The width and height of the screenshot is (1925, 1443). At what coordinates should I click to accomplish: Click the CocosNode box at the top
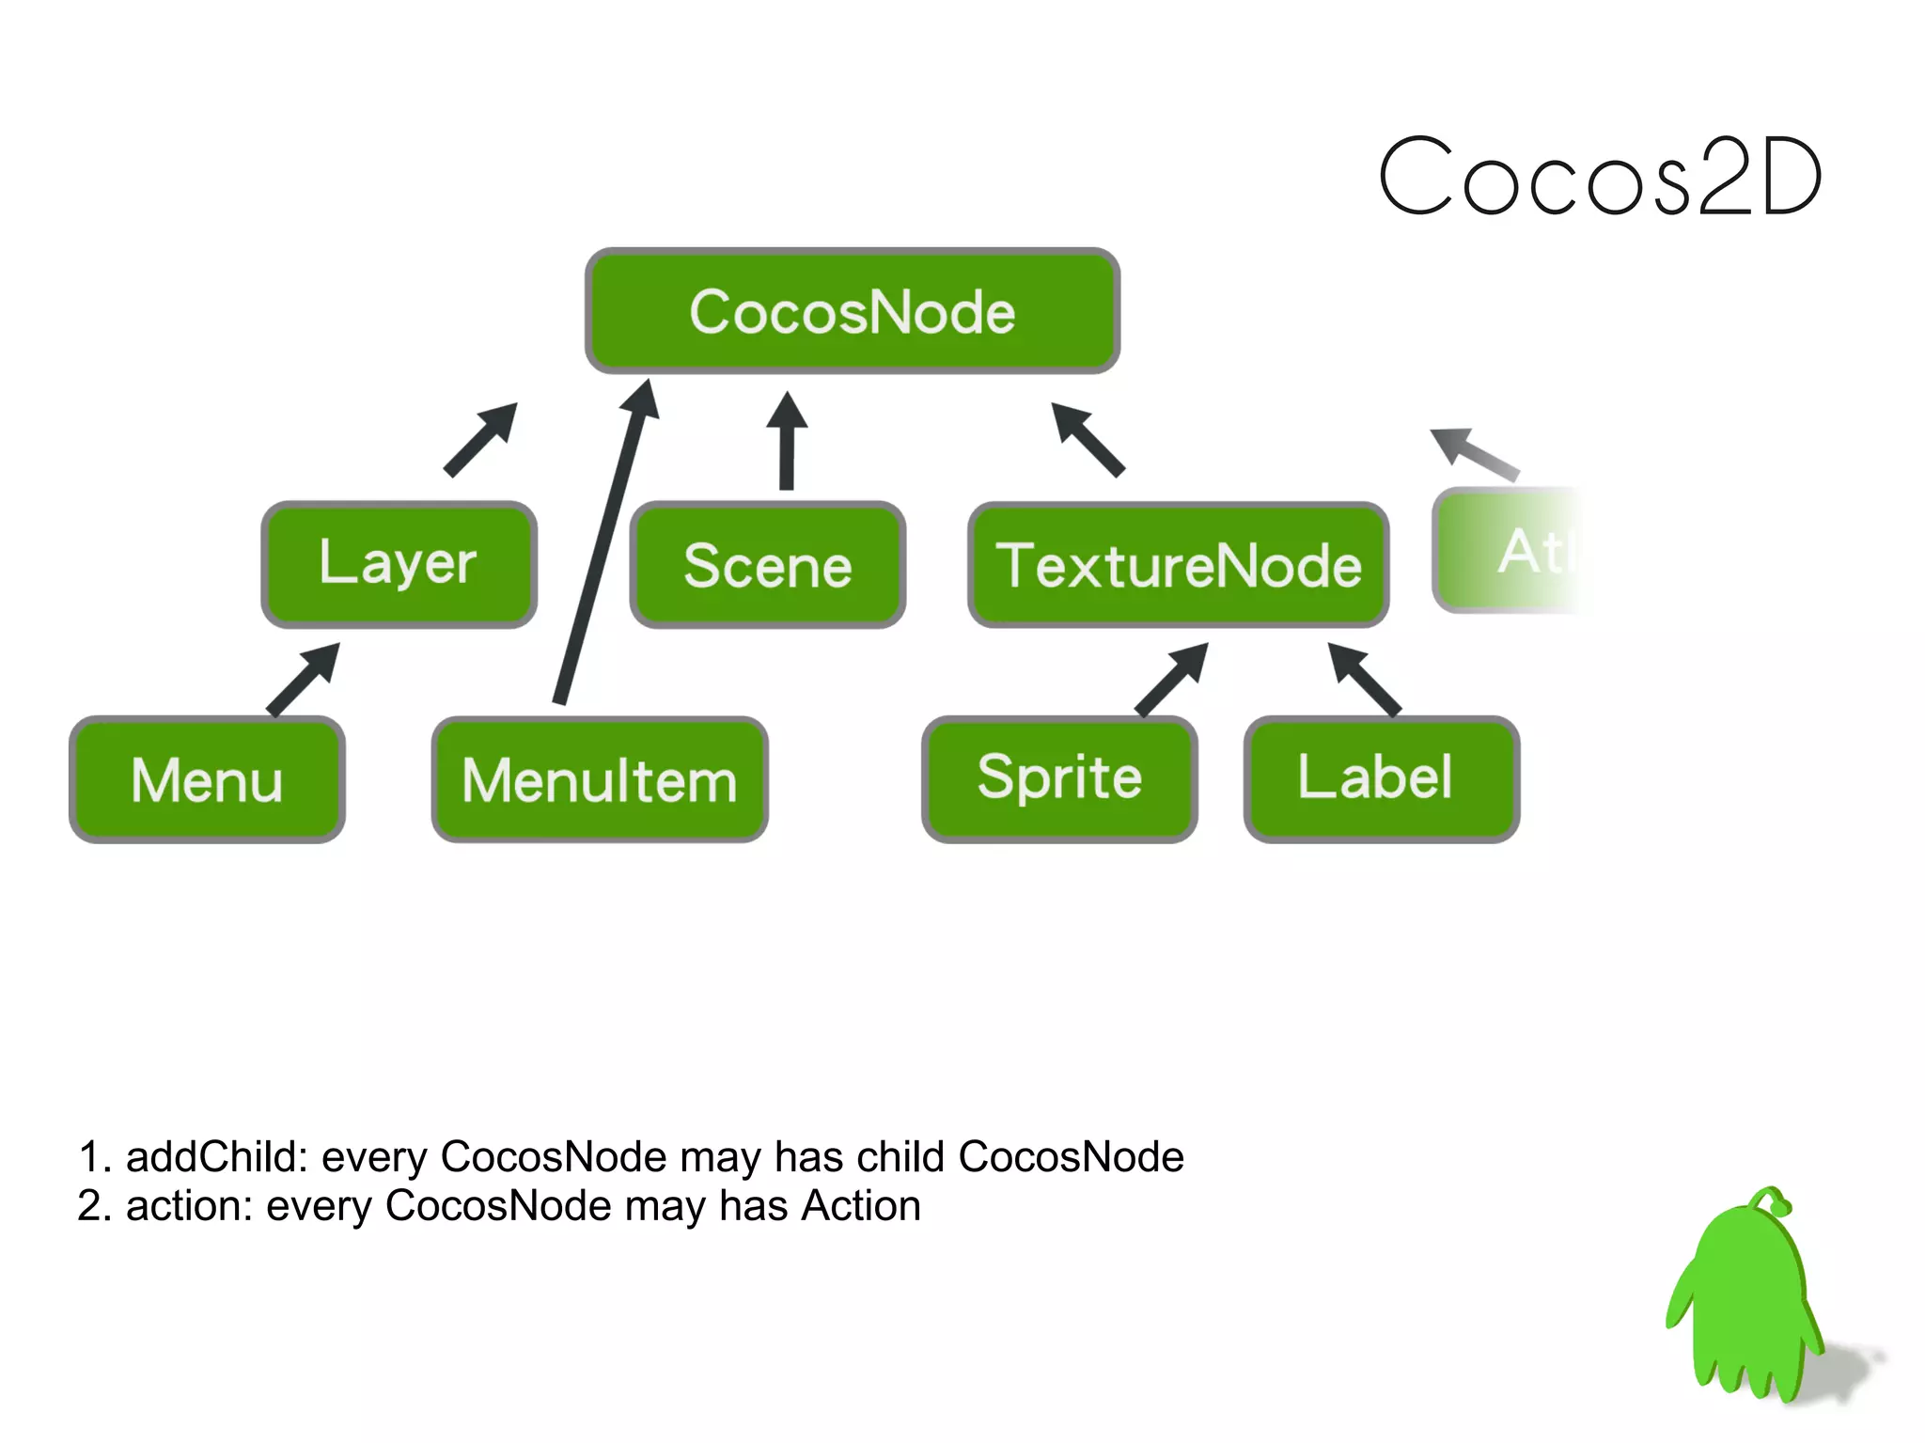(x=852, y=311)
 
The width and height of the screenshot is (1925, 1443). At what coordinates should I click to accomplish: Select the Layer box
(x=399, y=564)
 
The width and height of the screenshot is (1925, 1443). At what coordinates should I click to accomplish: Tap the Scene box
(x=767, y=565)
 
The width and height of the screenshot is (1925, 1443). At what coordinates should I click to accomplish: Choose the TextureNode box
(x=1178, y=565)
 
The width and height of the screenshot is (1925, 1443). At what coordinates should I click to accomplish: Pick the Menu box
(x=207, y=779)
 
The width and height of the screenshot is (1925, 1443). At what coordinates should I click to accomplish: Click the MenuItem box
(x=600, y=779)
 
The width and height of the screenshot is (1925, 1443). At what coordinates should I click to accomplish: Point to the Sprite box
(x=1059, y=778)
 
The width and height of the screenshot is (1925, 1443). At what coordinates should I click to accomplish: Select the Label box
(x=1381, y=778)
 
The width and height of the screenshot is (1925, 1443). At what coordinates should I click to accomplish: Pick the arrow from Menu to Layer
(x=303, y=680)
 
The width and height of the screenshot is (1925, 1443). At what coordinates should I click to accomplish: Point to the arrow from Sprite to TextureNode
(x=1171, y=680)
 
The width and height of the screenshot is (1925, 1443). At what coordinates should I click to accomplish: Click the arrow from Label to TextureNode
(x=1364, y=679)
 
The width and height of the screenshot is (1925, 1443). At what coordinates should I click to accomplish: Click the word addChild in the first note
(x=215, y=1157)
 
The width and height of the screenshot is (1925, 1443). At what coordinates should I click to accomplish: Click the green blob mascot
(x=1746, y=1307)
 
